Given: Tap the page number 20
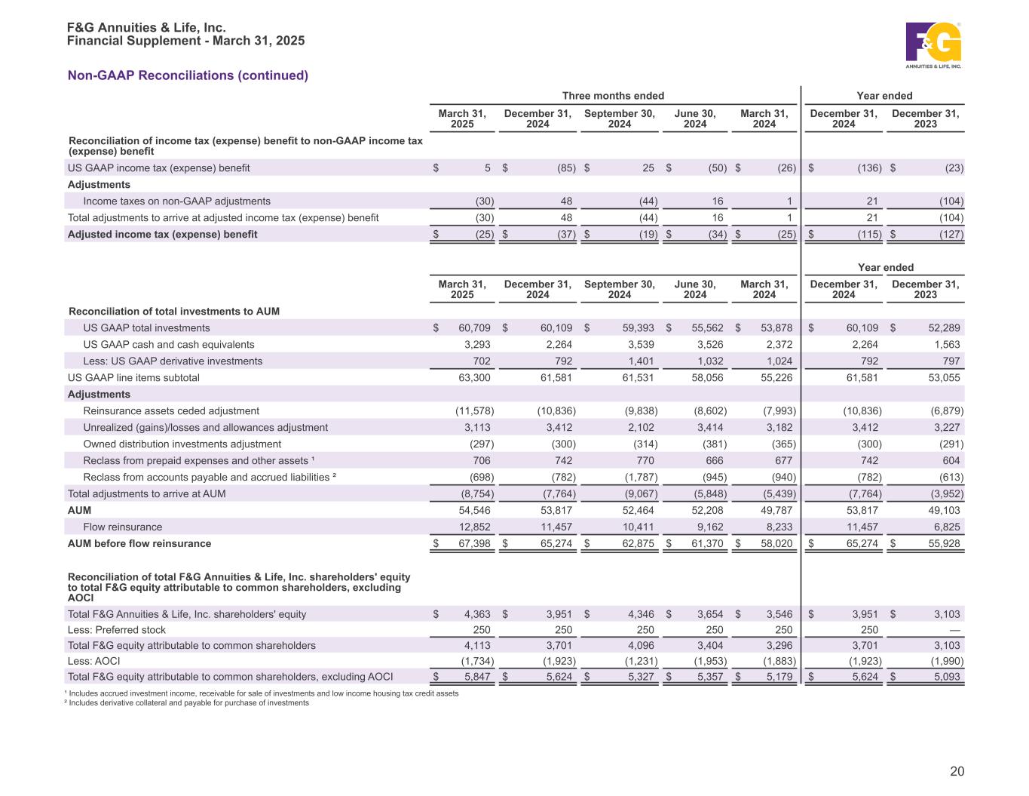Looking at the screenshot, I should pos(957,771).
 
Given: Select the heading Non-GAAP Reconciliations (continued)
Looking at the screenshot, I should pos(188,75).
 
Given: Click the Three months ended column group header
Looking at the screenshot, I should pos(613,96).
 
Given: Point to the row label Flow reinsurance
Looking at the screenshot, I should pos(122,527).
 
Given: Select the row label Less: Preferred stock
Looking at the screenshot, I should pos(117,630).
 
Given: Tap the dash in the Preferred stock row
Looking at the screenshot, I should pos(954,630).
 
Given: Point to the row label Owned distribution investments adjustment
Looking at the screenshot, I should pos(182,444).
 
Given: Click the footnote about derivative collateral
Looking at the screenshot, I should pos(188,703).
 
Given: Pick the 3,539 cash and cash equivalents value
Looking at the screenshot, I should pos(640,345).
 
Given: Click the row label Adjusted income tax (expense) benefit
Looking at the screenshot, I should pos(162,235).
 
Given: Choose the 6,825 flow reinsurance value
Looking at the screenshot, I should pos(945,527).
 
